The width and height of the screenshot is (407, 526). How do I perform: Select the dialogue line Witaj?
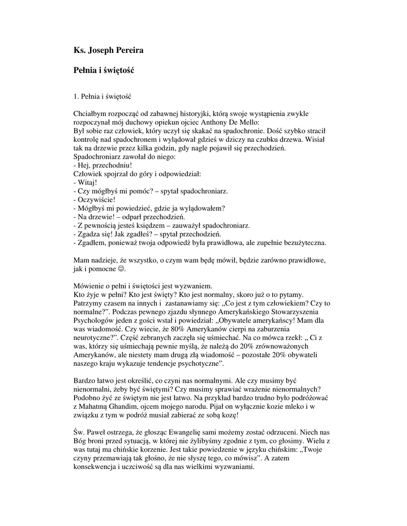[87, 182]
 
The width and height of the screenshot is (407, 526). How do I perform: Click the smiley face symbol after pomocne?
[121, 269]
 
